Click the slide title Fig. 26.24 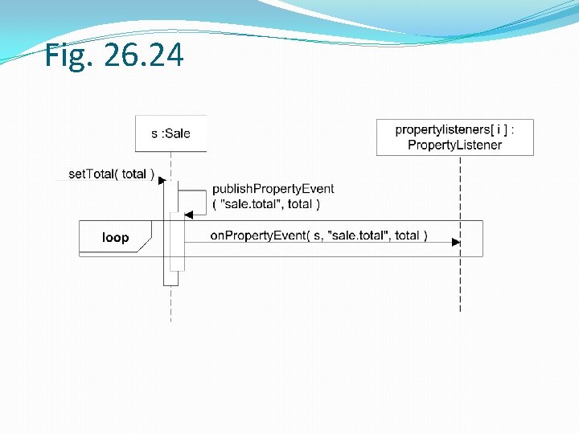[x=114, y=55]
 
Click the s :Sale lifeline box [x=170, y=133]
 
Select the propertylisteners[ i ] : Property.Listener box [x=454, y=137]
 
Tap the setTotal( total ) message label [x=111, y=174]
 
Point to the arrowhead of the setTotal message [x=161, y=181]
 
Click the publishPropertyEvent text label [x=273, y=189]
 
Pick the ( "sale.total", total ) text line [x=265, y=204]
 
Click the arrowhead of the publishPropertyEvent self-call [x=189, y=215]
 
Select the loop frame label [x=115, y=237]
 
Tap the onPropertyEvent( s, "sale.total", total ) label [x=318, y=235]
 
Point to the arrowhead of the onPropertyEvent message [x=456, y=242]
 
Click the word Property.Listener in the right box [x=454, y=145]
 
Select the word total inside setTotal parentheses [x=133, y=174]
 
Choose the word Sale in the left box [x=177, y=133]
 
